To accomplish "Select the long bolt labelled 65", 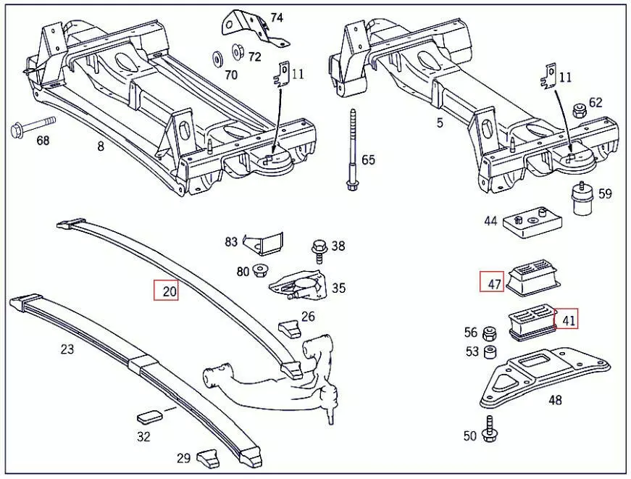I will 351,151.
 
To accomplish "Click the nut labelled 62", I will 578,111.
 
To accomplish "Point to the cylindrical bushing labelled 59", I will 581,199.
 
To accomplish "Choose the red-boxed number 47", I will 494,283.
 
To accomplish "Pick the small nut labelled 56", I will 490,333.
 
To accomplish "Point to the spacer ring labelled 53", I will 490,351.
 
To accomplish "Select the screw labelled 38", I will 319,248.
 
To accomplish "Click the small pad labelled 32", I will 150,416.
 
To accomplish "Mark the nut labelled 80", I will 260,272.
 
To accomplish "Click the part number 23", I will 67,349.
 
